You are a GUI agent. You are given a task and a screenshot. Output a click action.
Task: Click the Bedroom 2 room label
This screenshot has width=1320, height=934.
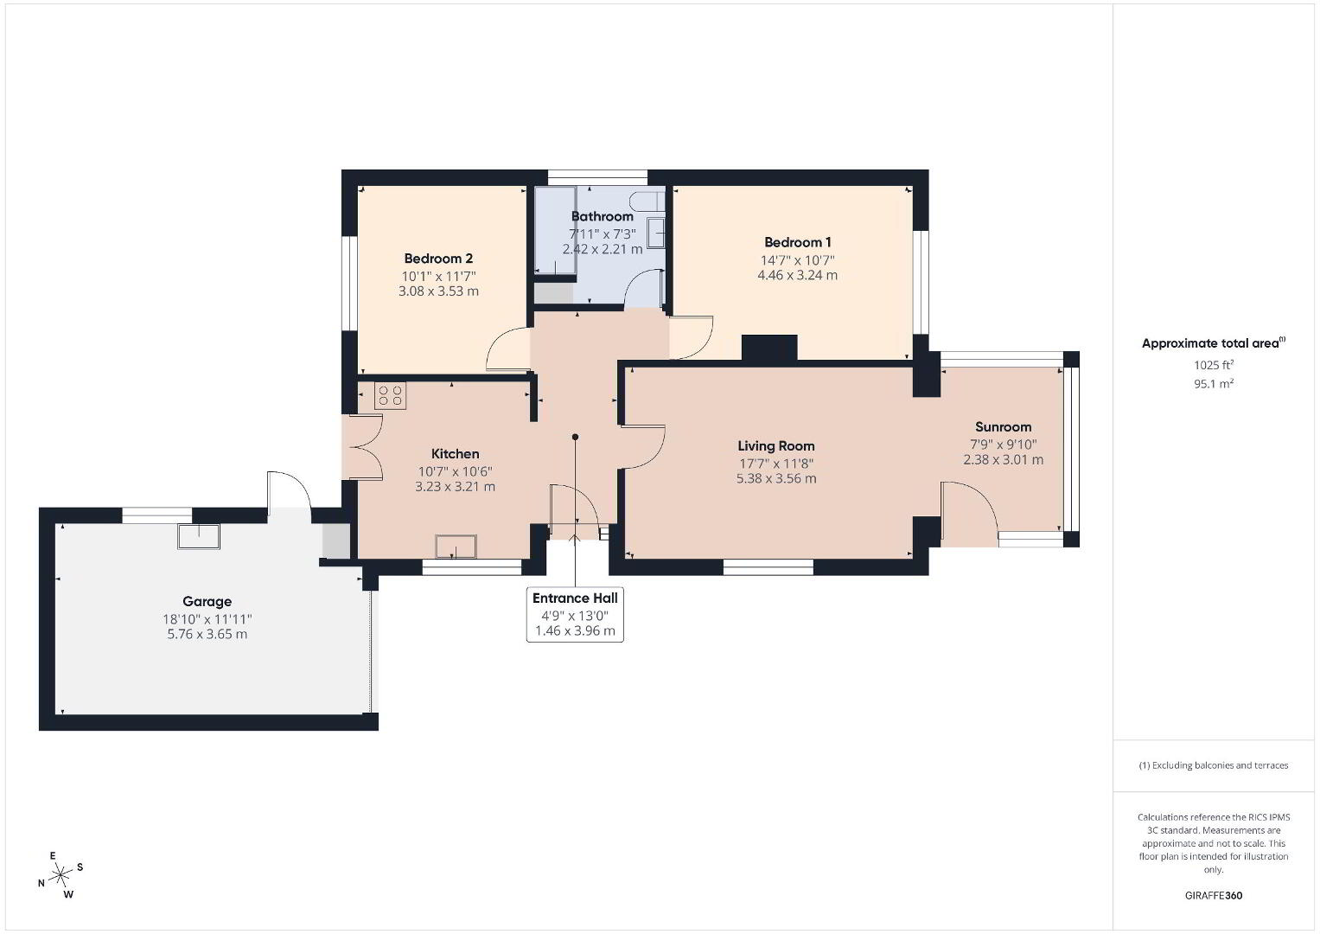(x=438, y=259)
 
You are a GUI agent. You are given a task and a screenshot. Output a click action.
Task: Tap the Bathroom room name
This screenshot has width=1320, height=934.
(x=603, y=216)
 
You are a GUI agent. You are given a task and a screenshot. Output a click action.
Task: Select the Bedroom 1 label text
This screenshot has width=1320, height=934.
(x=798, y=242)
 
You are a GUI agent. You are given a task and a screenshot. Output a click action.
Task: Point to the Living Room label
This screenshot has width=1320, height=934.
(x=776, y=446)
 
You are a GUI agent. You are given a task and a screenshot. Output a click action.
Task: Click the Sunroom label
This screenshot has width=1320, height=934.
(x=1003, y=427)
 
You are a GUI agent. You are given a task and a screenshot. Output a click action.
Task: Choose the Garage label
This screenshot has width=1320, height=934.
(x=207, y=601)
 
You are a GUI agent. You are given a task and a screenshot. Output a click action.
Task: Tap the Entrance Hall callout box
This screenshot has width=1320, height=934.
(x=575, y=614)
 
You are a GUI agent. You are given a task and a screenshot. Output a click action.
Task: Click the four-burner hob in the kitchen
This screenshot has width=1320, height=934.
(x=390, y=396)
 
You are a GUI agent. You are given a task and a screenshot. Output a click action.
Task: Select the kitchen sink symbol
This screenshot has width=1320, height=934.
(x=456, y=547)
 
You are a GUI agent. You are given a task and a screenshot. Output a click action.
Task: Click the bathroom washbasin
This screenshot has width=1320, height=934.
(x=656, y=233)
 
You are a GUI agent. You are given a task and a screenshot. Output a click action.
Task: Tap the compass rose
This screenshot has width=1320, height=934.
(x=61, y=875)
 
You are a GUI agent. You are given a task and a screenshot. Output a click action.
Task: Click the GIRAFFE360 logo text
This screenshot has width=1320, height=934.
(x=1214, y=895)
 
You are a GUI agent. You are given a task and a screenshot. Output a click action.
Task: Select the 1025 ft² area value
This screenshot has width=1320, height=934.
(x=1214, y=365)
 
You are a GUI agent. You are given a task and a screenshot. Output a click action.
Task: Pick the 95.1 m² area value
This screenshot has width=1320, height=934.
(x=1214, y=384)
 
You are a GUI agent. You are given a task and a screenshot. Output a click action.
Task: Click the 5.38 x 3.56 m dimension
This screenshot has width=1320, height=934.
(x=776, y=479)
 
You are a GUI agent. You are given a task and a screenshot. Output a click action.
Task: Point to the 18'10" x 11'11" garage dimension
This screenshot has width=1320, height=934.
(x=207, y=619)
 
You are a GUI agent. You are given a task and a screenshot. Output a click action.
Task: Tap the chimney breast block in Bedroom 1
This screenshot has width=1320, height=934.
(x=769, y=348)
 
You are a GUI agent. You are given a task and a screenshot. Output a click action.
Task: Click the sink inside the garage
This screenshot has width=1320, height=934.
(x=199, y=536)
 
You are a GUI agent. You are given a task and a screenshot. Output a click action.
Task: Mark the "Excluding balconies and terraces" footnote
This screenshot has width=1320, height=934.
(x=1214, y=765)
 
